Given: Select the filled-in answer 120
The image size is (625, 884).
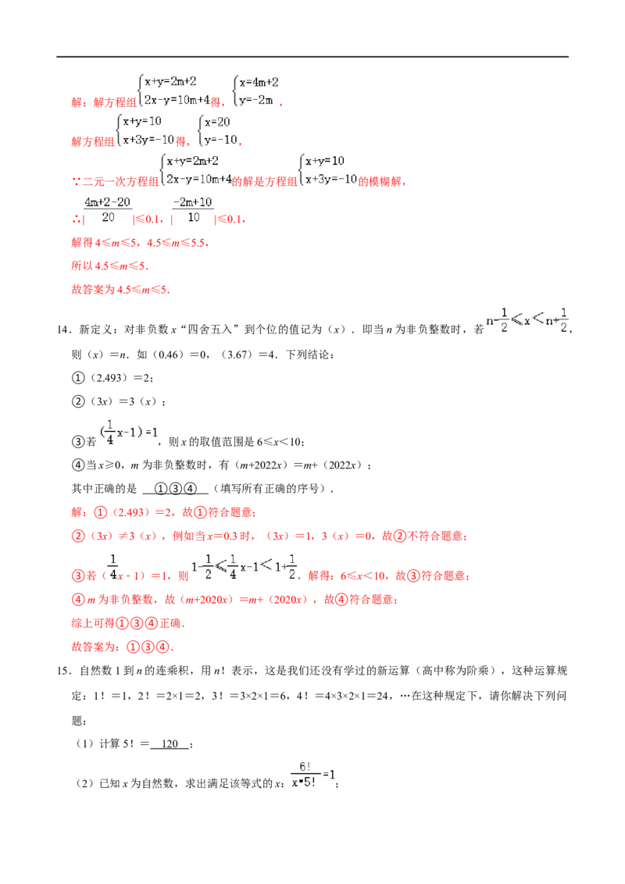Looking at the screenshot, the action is (x=170, y=743).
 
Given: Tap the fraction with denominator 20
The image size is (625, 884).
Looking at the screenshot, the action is (x=108, y=210).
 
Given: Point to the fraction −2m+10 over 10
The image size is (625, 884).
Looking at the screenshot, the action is (x=193, y=210).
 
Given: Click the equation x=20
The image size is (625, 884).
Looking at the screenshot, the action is (x=217, y=123).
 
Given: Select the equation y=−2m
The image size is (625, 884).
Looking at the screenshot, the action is (x=256, y=101).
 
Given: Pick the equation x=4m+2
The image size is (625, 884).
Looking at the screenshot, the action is (x=259, y=82).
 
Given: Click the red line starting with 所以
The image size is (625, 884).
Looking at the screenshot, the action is (x=110, y=266).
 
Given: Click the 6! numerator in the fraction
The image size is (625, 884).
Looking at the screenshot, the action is (x=305, y=767).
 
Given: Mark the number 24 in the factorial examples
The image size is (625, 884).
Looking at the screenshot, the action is (x=383, y=696).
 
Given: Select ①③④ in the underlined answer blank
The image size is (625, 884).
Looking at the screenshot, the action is (x=176, y=489).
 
